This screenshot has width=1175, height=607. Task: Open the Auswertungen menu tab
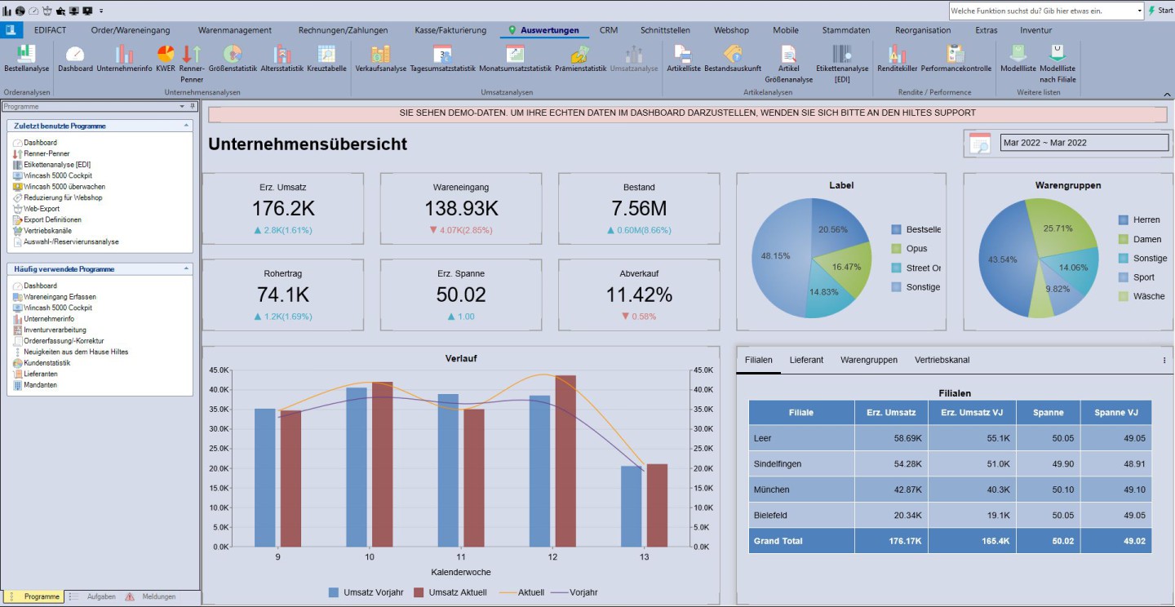tap(548, 30)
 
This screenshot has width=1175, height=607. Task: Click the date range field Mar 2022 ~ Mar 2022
tap(1084, 143)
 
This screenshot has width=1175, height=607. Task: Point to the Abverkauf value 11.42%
tap(639, 295)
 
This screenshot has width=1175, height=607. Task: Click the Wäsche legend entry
tap(1148, 296)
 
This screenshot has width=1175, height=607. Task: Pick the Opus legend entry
tap(916, 249)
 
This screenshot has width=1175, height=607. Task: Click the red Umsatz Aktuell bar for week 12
tap(565, 461)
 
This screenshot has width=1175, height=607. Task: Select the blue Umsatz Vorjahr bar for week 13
tap(631, 506)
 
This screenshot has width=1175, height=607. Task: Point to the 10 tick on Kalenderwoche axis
tap(370, 556)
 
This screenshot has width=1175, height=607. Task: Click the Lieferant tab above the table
tap(806, 360)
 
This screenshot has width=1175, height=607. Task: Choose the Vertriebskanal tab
tap(942, 360)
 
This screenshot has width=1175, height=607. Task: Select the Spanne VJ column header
tap(1115, 413)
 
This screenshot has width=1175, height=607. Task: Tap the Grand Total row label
tap(778, 541)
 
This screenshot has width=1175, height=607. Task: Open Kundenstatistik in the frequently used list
tap(47, 363)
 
